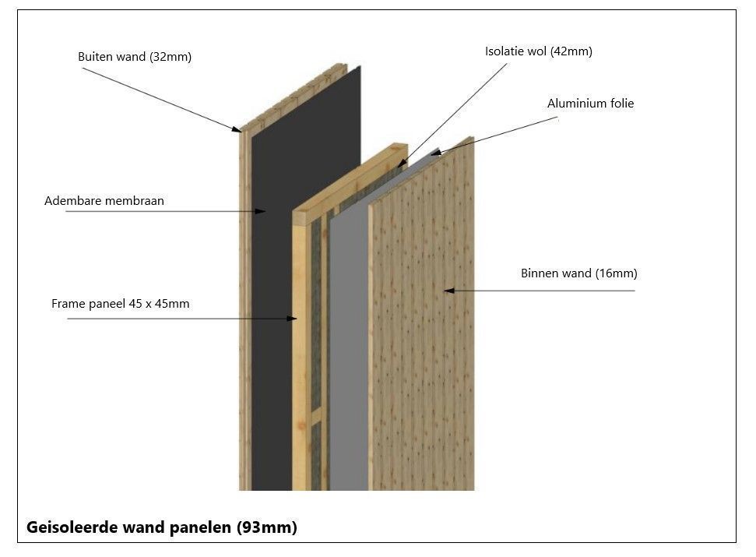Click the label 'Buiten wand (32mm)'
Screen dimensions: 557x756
[x=134, y=57]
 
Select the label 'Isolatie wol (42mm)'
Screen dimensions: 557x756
[x=538, y=51]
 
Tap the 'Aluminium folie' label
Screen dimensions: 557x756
[x=590, y=104]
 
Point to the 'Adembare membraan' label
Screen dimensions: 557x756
[x=104, y=201]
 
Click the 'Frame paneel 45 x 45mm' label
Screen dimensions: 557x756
[x=120, y=304]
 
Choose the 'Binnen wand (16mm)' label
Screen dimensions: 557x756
[x=578, y=273]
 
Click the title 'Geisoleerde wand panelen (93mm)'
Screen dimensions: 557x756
[x=162, y=527]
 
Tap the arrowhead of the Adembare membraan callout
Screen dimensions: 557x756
[x=263, y=211]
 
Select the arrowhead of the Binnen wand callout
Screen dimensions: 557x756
[x=448, y=291]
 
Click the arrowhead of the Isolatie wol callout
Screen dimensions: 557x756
[x=400, y=164]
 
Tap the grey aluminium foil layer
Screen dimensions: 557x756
[x=349, y=351]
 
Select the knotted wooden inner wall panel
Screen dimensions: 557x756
[x=420, y=351]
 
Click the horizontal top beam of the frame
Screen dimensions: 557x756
[x=350, y=179]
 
